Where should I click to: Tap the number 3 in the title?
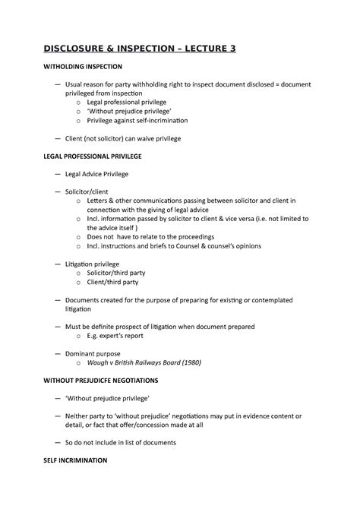coord(232,49)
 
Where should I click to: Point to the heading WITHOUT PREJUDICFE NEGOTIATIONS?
coord(112,378)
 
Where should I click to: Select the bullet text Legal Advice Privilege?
coord(96,174)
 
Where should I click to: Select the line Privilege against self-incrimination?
coord(137,120)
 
